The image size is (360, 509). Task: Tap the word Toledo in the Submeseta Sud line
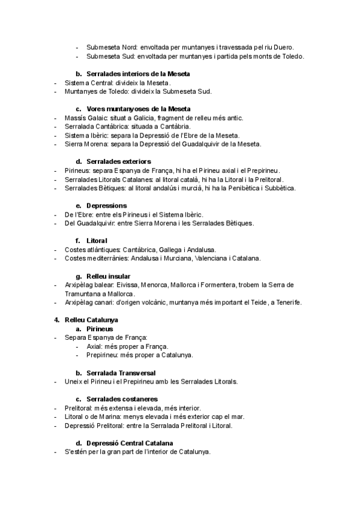click(292, 57)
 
